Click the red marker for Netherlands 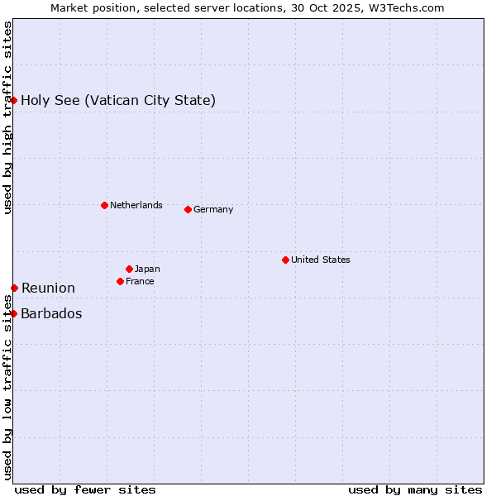pyautogui.click(x=104, y=205)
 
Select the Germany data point pyautogui.click(x=188, y=209)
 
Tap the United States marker pyautogui.click(x=285, y=260)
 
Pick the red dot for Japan pyautogui.click(x=129, y=269)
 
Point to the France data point pyautogui.click(x=120, y=281)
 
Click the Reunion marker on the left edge pyautogui.click(x=14, y=288)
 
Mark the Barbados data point pyautogui.click(x=14, y=313)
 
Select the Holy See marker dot pyautogui.click(x=14, y=100)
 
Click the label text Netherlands pyautogui.click(x=136, y=205)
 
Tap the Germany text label pyautogui.click(x=213, y=209)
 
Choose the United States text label pyautogui.click(x=320, y=260)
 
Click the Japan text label pyautogui.click(x=147, y=269)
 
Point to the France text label pyautogui.click(x=140, y=281)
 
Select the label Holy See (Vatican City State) pyautogui.click(x=118, y=100)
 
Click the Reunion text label pyautogui.click(x=48, y=288)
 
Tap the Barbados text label pyautogui.click(x=51, y=313)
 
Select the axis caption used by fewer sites pyautogui.click(x=85, y=489)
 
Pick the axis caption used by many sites pyautogui.click(x=415, y=489)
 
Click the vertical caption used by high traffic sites pyautogui.click(x=7, y=117)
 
